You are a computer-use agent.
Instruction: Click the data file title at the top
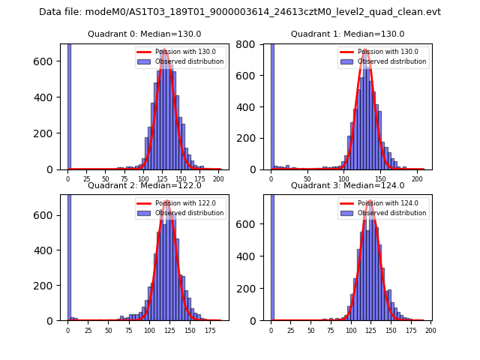tap(240, 12)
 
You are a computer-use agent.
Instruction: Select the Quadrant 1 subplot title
tap(347, 34)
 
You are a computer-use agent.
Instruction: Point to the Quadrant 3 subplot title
tap(347, 185)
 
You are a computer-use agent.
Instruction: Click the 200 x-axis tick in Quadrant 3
tap(430, 330)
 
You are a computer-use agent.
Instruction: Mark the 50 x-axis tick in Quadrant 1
tap(307, 178)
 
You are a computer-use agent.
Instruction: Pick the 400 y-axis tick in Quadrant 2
tap(49, 250)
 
